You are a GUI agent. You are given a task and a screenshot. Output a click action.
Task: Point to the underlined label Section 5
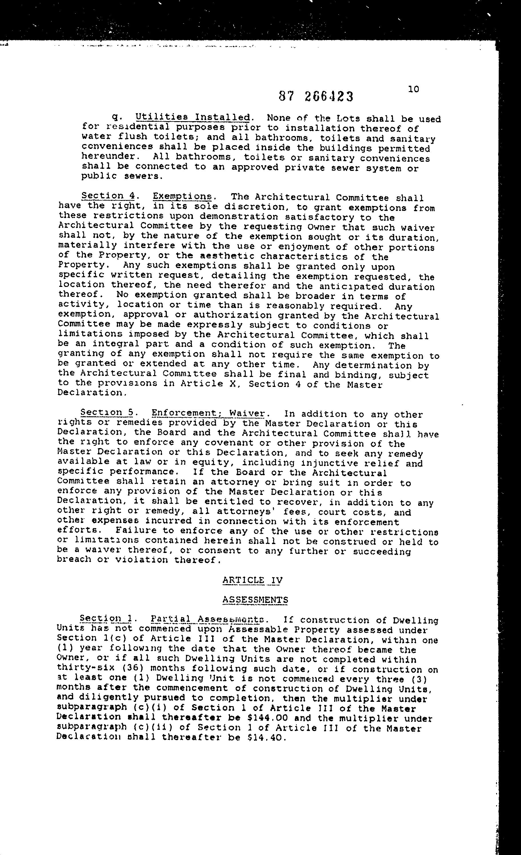[107, 413]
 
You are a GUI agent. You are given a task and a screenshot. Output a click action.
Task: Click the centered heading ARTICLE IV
[252, 580]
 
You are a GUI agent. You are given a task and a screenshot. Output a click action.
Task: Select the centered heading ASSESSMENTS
[255, 600]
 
